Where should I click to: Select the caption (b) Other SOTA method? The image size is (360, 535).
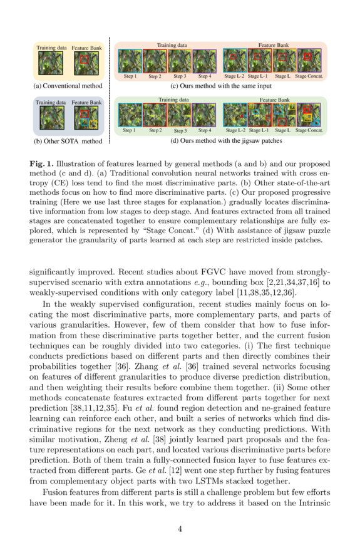click(67, 141)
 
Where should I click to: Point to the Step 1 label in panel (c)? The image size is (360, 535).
click(130, 76)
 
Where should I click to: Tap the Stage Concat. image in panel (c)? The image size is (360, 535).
click(309, 61)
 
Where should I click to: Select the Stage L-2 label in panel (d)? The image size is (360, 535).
click(235, 130)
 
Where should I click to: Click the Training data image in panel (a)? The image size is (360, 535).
click(46, 63)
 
